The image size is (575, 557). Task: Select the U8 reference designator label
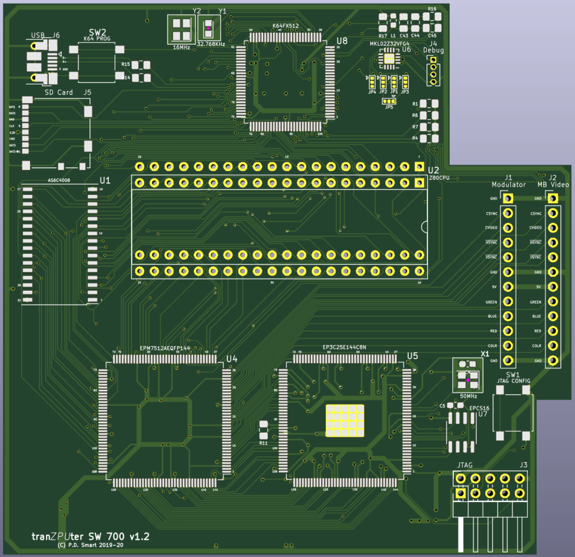pos(341,41)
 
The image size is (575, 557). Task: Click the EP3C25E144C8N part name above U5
pos(344,348)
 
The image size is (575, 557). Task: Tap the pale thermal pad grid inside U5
pos(344,421)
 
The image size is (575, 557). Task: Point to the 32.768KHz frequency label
pos(211,44)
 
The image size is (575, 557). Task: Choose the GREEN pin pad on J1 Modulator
pos(508,302)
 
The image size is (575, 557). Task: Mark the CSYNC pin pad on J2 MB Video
pos(553,213)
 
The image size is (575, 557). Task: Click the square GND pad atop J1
pos(508,198)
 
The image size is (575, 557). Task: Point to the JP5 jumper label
pos(389,107)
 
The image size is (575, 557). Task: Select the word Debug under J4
pos(433,50)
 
